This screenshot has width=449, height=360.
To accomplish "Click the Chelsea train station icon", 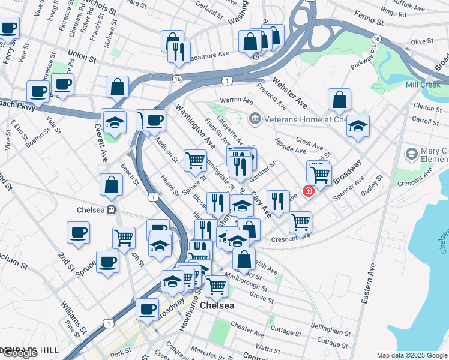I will pos(111,210).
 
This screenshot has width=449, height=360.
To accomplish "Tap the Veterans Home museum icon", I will pos(254,119).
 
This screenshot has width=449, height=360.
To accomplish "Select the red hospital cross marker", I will pos(308,191).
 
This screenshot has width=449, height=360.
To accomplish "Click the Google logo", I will pos(19,353).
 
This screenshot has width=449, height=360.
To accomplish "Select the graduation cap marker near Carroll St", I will pos(358,126).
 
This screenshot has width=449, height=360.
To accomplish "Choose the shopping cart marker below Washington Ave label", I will pos(194,160).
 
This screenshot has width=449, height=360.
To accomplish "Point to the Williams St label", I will pos(74,314).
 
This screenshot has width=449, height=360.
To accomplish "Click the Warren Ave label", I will pos(237,100).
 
